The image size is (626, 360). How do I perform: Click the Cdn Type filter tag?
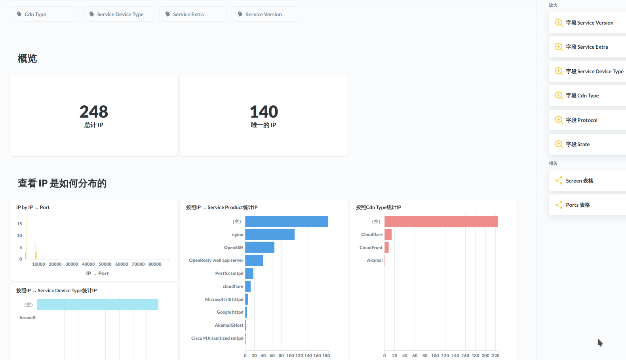44,14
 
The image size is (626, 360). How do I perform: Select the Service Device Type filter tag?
118,14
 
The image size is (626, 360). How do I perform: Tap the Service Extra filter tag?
192,14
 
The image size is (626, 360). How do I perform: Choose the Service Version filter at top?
265,14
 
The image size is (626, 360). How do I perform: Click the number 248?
93,112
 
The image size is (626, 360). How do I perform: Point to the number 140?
264,112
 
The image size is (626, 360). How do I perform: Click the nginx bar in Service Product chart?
270,234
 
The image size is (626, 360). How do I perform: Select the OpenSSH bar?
260,248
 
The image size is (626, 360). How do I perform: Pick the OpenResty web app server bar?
254,260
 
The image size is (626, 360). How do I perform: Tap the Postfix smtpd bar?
249,273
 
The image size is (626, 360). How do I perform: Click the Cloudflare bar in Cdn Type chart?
388,234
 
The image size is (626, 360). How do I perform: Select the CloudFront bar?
386,248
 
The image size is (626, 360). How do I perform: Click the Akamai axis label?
375,260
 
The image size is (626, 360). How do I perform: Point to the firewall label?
27,318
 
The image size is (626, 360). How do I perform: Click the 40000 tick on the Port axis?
88,264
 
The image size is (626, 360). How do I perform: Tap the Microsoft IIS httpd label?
224,299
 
